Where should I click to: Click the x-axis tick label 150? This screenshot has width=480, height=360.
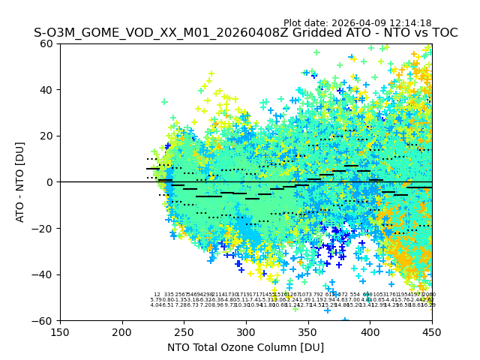60,332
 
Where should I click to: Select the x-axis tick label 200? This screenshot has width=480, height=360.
122,332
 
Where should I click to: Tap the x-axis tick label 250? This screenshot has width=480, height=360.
184,332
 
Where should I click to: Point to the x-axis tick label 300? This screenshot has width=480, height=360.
246,332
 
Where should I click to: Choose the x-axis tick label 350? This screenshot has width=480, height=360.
307,332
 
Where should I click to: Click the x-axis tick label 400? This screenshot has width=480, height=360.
370,332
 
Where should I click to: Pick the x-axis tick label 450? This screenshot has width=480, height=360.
431,332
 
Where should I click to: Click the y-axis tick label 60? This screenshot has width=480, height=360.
47,43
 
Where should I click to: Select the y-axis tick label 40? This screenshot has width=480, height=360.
47,90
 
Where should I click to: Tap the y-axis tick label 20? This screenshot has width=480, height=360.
47,136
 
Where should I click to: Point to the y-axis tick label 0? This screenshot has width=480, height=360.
50,182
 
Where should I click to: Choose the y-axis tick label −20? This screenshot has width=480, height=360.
43,228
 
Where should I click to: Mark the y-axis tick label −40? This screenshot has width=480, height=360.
43,274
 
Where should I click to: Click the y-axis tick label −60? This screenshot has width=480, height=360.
43,320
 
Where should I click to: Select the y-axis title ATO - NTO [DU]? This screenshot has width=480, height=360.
21,182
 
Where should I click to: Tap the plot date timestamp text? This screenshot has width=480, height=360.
357,23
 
